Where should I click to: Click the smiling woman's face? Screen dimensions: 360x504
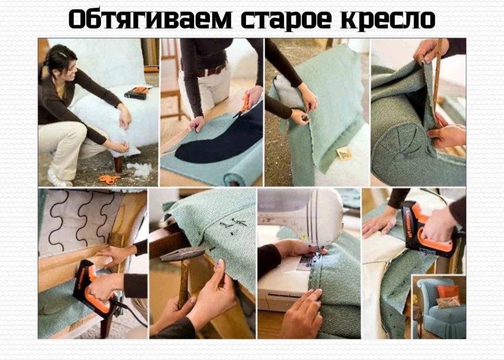tap(70, 65)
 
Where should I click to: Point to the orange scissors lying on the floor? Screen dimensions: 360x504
tap(111, 178)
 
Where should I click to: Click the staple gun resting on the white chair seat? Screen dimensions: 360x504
tap(136, 92)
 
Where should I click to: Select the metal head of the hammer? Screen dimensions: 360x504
tap(183, 254)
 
